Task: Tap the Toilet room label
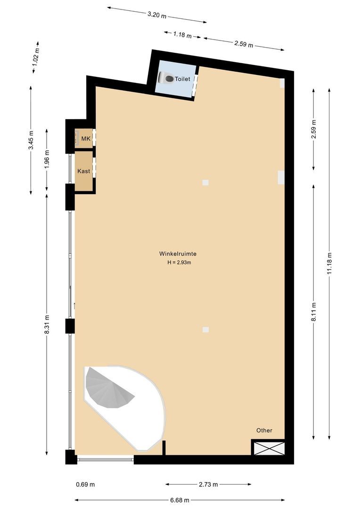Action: [x=183, y=79]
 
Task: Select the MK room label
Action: [x=86, y=139]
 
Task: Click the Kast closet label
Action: [x=84, y=171]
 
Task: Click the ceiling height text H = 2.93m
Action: [x=179, y=263]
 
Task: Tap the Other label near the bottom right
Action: [x=264, y=430]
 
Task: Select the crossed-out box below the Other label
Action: [x=269, y=448]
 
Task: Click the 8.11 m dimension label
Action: [x=314, y=312]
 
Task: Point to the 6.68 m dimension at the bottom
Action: [x=180, y=500]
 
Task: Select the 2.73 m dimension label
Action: [x=208, y=484]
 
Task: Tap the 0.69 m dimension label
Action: [x=85, y=484]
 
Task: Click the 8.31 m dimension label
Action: [x=46, y=325]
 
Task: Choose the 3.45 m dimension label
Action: [x=31, y=140]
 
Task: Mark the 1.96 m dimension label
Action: [x=46, y=159]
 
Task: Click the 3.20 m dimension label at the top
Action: [x=157, y=15]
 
